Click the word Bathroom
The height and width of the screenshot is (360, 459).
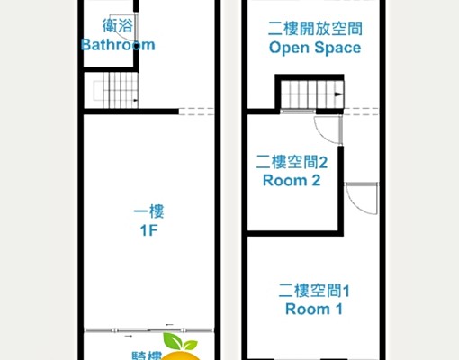point(117,45)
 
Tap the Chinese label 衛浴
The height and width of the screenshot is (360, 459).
point(116,27)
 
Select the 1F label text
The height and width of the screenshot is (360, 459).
point(149,230)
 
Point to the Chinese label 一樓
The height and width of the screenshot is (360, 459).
point(149,212)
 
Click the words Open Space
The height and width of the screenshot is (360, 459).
point(315,48)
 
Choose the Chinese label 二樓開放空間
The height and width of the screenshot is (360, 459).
point(315,28)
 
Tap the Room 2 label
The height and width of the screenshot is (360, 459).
point(292,180)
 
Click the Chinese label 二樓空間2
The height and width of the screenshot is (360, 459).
point(291,162)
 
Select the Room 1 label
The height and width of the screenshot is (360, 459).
point(314,309)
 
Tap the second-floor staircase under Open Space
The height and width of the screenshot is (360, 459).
point(310,94)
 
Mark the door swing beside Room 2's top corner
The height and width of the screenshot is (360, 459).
point(328,130)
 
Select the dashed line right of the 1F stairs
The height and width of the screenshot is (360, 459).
point(196,112)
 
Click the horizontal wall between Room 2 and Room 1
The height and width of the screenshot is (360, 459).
point(292,232)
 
